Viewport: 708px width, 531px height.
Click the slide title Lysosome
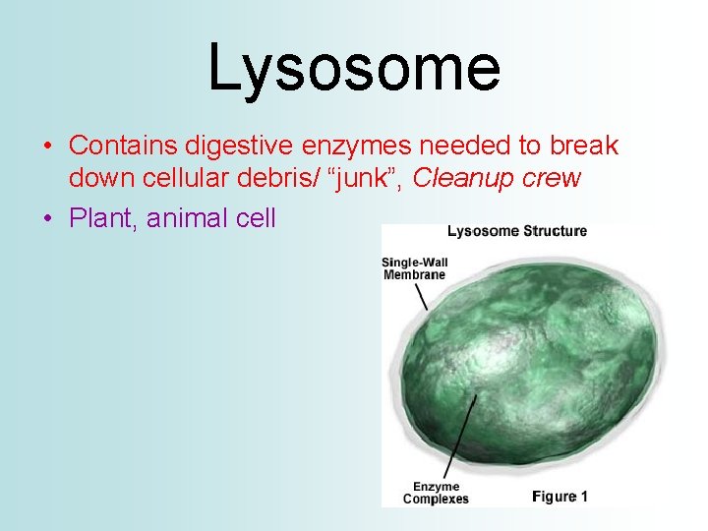tap(354, 67)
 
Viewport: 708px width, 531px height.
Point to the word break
tap(582, 146)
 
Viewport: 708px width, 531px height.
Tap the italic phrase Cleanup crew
tap(498, 179)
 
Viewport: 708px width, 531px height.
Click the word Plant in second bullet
tap(101, 217)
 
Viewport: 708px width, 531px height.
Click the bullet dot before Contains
tap(47, 147)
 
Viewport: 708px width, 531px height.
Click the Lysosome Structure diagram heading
tap(516, 232)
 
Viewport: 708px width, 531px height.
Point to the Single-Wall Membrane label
tap(414, 268)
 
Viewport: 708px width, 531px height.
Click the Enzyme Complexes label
tap(436, 493)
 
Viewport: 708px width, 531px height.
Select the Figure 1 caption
tap(560, 497)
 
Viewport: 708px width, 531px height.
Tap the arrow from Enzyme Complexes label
tap(460, 433)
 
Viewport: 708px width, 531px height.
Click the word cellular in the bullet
tap(206, 179)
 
